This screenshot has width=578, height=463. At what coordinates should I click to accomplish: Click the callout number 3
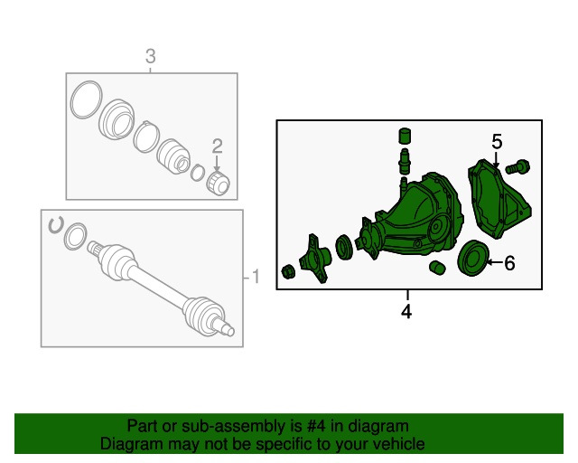pyautogui.click(x=151, y=56)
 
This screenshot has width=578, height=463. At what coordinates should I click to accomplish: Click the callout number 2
pyautogui.click(x=217, y=146)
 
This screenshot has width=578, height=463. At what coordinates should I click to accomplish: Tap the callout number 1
pyautogui.click(x=256, y=277)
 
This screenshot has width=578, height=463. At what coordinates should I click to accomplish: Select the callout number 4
pyautogui.click(x=406, y=312)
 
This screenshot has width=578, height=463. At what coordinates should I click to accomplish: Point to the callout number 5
pyautogui.click(x=497, y=142)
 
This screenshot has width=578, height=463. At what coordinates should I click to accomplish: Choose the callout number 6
pyautogui.click(x=509, y=263)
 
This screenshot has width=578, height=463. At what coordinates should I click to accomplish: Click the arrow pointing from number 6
pyautogui.click(x=495, y=262)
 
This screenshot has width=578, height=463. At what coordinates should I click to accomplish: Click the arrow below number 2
pyautogui.click(x=217, y=164)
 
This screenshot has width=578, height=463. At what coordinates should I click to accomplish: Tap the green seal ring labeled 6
pyautogui.click(x=473, y=258)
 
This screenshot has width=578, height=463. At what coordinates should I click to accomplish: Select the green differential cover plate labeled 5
pyautogui.click(x=499, y=198)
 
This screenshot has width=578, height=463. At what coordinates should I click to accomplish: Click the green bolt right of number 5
pyautogui.click(x=517, y=167)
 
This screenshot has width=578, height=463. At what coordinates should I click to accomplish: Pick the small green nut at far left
pyautogui.click(x=288, y=272)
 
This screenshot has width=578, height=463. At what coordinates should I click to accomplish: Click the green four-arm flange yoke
pyautogui.click(x=314, y=259)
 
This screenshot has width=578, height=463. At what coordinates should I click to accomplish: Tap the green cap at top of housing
pyautogui.click(x=406, y=136)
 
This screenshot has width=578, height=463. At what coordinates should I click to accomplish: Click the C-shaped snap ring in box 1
pyautogui.click(x=56, y=225)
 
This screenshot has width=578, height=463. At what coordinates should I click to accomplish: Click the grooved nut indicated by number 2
pyautogui.click(x=219, y=183)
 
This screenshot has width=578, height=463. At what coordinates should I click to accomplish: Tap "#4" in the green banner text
pyautogui.click(x=316, y=426)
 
